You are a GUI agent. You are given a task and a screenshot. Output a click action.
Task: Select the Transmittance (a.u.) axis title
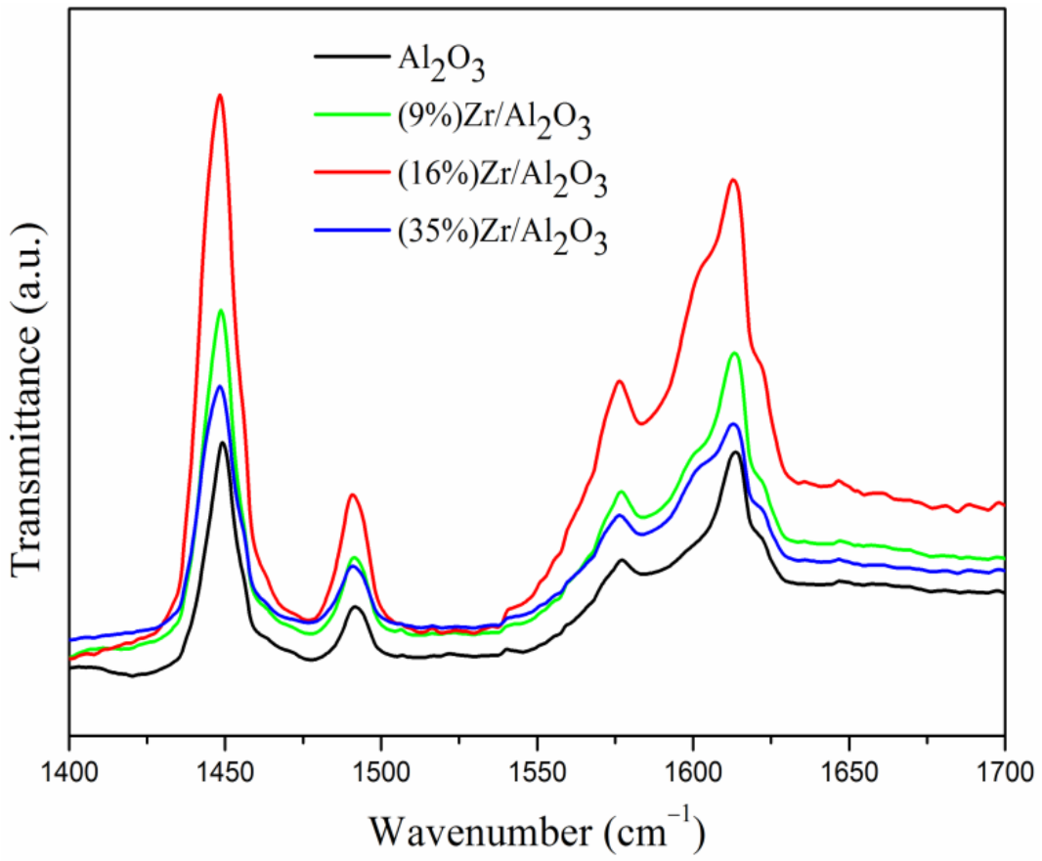28,396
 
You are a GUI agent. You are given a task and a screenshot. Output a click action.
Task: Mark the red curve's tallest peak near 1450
220,95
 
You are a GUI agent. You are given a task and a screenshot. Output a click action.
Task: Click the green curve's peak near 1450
222,310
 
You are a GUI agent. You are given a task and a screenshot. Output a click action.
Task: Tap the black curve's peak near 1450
224,443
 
